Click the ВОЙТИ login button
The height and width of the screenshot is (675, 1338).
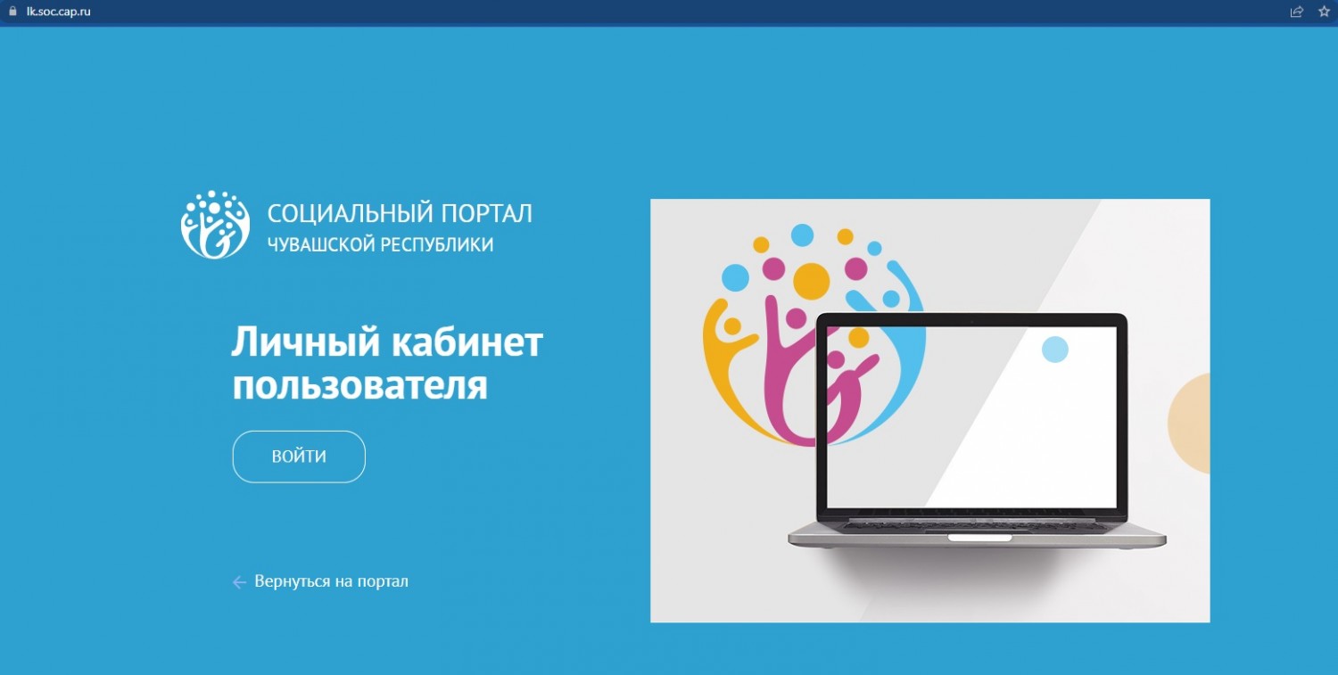(x=299, y=457)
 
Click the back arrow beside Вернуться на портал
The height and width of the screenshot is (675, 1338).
(x=239, y=582)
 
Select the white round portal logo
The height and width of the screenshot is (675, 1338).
(x=215, y=225)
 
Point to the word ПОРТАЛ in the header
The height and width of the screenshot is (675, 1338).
(x=486, y=214)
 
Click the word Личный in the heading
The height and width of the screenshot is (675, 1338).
(x=306, y=343)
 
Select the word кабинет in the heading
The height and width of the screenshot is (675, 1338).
(x=467, y=343)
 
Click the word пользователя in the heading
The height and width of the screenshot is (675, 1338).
(x=359, y=386)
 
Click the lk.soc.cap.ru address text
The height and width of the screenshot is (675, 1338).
(x=59, y=12)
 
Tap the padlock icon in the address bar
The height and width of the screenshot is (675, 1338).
(x=12, y=11)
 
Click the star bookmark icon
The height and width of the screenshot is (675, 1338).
(x=1324, y=12)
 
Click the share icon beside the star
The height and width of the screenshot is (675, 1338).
(x=1296, y=12)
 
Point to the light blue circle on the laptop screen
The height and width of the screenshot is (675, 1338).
(x=1055, y=350)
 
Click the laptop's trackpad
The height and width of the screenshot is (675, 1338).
(x=979, y=539)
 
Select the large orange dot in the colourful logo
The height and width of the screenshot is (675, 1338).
(x=811, y=282)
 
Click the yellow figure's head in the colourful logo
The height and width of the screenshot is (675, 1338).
(x=732, y=326)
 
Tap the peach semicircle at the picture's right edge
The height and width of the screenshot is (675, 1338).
(x=1190, y=423)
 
